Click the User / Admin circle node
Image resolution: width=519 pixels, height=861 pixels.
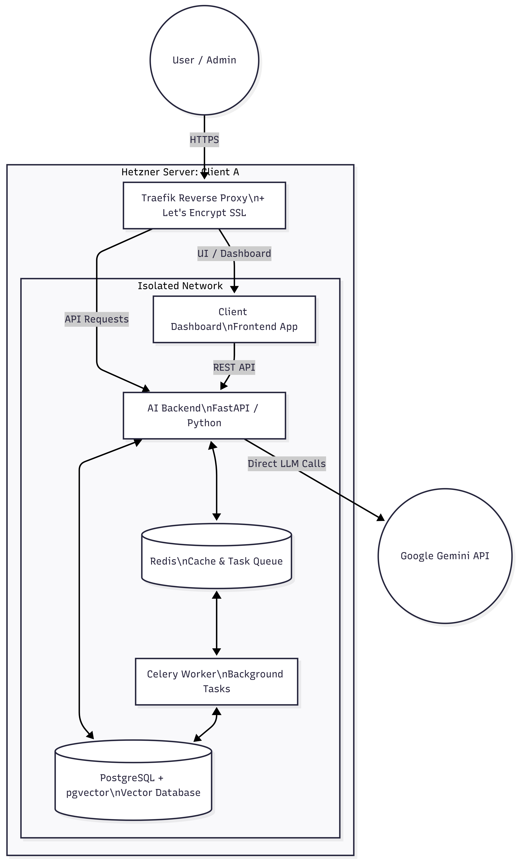tap(204, 60)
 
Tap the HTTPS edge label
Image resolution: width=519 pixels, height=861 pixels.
tap(204, 140)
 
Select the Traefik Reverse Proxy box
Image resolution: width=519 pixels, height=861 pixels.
tap(204, 206)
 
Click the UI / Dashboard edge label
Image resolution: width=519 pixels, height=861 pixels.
tap(234, 253)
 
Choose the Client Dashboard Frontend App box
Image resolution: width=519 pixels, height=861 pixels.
tap(234, 319)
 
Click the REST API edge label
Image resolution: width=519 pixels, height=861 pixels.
tap(234, 367)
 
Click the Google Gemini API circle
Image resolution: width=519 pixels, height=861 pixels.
tap(445, 556)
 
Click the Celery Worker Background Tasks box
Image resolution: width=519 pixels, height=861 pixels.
tap(217, 681)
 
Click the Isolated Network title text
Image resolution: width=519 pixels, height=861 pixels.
tap(180, 286)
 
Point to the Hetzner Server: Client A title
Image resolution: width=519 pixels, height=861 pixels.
tap(180, 172)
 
